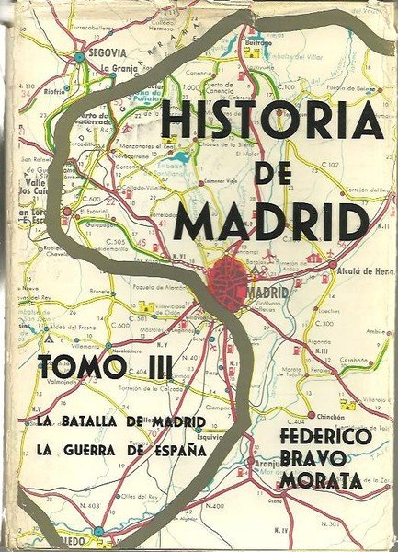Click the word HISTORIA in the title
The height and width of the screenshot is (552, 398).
(x=270, y=121)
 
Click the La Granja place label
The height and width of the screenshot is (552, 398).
(x=119, y=68)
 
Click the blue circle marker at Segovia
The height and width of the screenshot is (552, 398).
(x=81, y=56)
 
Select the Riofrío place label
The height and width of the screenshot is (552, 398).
(x=54, y=91)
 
